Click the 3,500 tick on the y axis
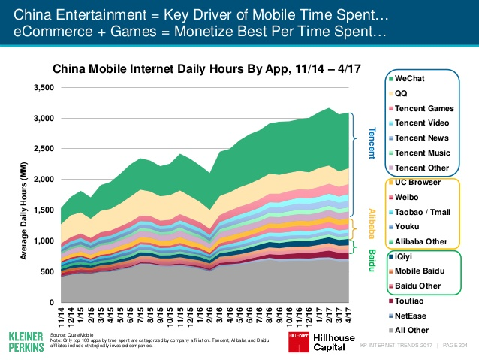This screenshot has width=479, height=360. tap(43, 87)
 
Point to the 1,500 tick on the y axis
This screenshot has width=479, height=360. tap(43, 210)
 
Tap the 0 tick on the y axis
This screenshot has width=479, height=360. tap(50, 301)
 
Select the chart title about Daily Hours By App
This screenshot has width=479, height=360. tap(203, 68)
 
